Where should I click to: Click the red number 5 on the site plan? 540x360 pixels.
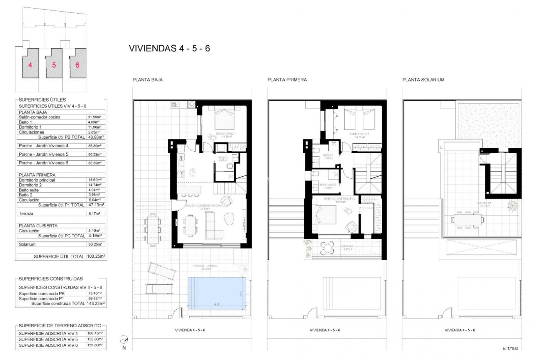point(54,65)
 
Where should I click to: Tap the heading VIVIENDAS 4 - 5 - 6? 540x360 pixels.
point(169,48)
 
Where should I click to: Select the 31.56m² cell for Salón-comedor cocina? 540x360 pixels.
point(94,117)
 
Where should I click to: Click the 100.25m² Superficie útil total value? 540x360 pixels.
point(96,256)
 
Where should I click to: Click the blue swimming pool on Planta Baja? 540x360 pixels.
point(217,293)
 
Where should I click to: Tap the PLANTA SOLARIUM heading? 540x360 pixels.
point(423,80)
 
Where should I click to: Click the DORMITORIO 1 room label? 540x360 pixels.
point(226,134)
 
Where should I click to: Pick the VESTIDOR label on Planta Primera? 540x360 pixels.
point(366,208)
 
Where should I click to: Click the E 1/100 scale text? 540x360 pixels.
point(510,348)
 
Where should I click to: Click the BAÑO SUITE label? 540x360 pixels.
point(328,185)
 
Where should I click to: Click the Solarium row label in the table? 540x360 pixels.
point(27,244)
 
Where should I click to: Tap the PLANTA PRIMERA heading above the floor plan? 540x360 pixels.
point(287,80)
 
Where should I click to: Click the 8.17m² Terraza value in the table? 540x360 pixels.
point(94,213)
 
